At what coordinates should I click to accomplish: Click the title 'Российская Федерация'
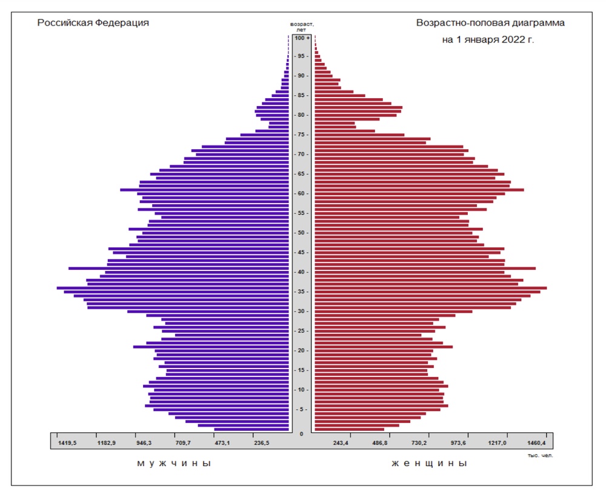[x=93, y=22]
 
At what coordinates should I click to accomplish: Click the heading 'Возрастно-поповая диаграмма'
[x=490, y=22]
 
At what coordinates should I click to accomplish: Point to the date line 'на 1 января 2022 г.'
[x=488, y=40]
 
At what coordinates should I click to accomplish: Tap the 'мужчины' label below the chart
[x=173, y=464]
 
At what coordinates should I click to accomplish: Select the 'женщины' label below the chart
[x=429, y=464]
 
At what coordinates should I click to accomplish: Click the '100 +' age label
[x=302, y=38]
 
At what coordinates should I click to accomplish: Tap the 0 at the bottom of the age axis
[x=302, y=434]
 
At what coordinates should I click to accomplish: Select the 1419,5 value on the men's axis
[x=67, y=443]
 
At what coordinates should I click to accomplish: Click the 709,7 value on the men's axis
[x=184, y=443]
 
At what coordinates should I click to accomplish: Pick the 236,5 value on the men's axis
[x=262, y=443]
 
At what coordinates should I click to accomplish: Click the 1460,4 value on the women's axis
[x=536, y=443]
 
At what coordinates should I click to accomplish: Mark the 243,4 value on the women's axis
[x=341, y=443]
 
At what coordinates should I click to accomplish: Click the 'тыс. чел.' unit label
[x=541, y=455]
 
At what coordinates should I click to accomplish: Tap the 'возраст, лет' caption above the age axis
[x=302, y=27]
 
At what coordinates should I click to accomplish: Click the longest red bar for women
[x=430, y=288]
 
